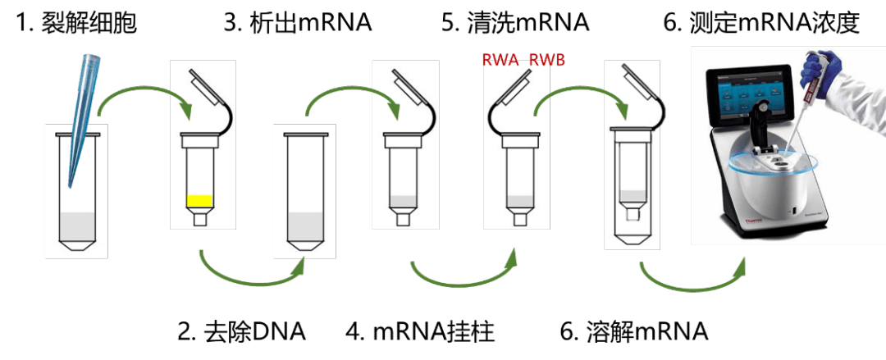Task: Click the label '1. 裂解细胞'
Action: coord(75,25)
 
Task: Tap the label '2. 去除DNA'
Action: coord(242,332)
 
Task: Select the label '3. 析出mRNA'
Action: coord(298,25)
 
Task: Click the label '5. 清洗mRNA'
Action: coord(515,25)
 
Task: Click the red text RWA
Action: coord(500,61)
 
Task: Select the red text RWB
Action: coord(546,61)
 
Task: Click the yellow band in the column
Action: coord(199,201)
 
